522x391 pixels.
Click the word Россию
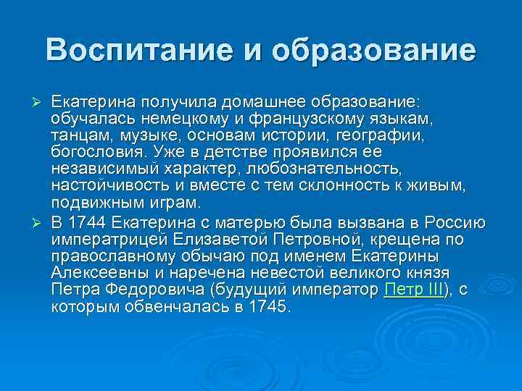[x=453, y=221]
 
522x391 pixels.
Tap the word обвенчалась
[x=173, y=306]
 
